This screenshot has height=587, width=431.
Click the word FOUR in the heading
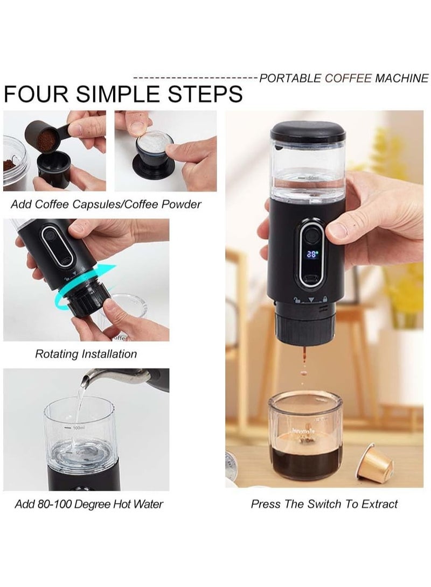click(x=36, y=94)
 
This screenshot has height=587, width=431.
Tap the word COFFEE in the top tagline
click(x=348, y=78)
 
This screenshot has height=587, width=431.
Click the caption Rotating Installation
click(x=86, y=354)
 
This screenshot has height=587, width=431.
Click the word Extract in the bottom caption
click(x=379, y=504)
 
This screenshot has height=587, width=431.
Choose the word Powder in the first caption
click(x=182, y=204)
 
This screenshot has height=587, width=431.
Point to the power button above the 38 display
click(x=311, y=237)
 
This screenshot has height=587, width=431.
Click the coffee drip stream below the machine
click(x=304, y=365)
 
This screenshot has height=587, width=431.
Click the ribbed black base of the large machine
click(x=304, y=325)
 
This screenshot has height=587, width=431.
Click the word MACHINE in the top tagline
click(x=402, y=78)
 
